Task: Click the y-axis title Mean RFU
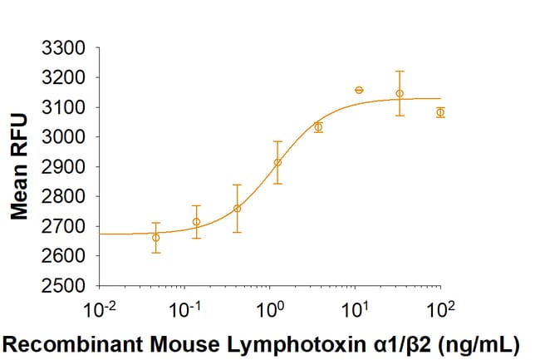tap(22, 167)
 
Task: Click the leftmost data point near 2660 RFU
tap(156, 238)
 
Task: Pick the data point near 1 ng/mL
tap(277, 162)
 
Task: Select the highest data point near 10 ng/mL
tap(359, 90)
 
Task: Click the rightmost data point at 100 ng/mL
tap(440, 112)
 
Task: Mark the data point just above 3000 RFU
tap(318, 127)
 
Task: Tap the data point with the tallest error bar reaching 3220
tap(400, 93)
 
